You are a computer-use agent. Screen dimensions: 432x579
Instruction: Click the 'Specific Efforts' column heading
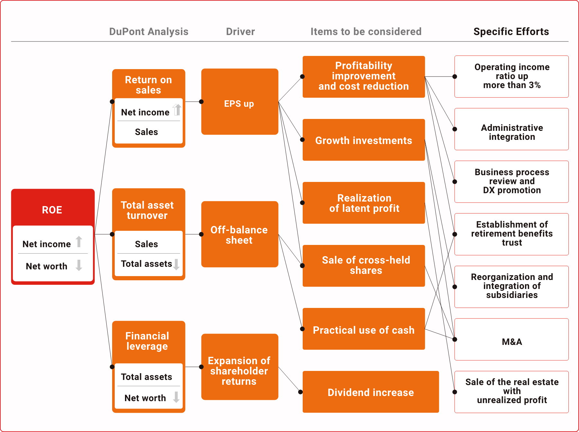click(511, 32)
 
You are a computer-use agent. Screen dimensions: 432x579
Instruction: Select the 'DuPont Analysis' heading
click(148, 32)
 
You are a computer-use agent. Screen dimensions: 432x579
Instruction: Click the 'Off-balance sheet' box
click(239, 234)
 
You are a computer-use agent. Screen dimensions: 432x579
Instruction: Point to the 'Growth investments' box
click(364, 140)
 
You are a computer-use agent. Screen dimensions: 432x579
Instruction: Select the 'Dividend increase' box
click(371, 392)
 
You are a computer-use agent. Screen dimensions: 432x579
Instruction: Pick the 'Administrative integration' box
click(512, 132)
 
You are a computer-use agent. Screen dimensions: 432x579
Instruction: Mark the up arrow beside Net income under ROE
click(79, 242)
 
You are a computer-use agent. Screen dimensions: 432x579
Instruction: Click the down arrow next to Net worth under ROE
click(79, 265)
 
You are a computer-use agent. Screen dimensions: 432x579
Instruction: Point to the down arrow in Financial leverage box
click(176, 397)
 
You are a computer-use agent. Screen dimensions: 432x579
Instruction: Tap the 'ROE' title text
click(52, 210)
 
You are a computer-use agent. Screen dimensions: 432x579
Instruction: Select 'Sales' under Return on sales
click(147, 132)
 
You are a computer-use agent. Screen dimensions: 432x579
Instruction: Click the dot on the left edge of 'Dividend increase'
click(300, 392)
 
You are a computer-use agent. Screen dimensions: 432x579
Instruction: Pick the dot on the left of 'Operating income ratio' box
click(455, 76)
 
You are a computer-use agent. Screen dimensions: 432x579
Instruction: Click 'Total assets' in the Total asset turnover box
click(147, 264)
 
